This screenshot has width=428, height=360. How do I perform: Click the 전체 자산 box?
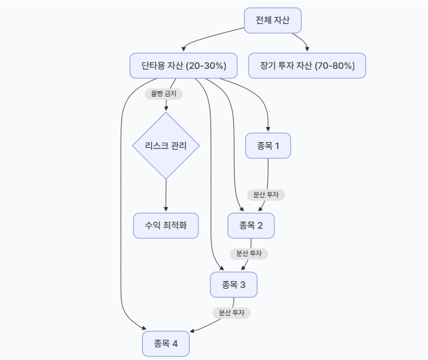[x=272, y=20]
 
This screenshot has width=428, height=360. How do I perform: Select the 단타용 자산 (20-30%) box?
[x=183, y=66]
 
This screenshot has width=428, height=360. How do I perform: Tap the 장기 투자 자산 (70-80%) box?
[x=307, y=66]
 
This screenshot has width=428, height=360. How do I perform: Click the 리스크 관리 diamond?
[x=166, y=146]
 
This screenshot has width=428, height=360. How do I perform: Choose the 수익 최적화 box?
[x=166, y=225]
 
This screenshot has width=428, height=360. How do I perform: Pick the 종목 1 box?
[x=268, y=146]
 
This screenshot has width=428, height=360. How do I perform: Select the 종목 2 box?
[x=251, y=225]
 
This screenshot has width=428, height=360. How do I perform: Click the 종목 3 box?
[x=234, y=285]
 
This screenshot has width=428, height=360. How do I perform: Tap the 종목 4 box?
[x=166, y=344]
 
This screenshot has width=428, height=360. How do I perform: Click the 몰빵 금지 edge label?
[x=164, y=94]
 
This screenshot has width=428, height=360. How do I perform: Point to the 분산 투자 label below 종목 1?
[x=266, y=195]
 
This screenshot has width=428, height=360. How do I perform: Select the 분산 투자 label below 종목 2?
[x=249, y=254]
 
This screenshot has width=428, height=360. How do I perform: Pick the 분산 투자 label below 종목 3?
[x=232, y=313]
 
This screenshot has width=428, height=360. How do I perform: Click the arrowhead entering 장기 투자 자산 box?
[x=307, y=49]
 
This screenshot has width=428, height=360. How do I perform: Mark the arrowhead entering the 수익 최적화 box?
[x=166, y=209]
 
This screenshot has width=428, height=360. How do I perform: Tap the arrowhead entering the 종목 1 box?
[x=268, y=129]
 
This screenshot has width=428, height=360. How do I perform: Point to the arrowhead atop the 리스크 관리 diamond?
[x=166, y=108]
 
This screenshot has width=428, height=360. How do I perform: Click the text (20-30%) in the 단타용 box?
[x=206, y=66]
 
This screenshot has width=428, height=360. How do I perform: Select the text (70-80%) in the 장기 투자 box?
[x=334, y=66]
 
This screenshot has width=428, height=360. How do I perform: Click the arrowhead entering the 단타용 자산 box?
[x=183, y=49]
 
